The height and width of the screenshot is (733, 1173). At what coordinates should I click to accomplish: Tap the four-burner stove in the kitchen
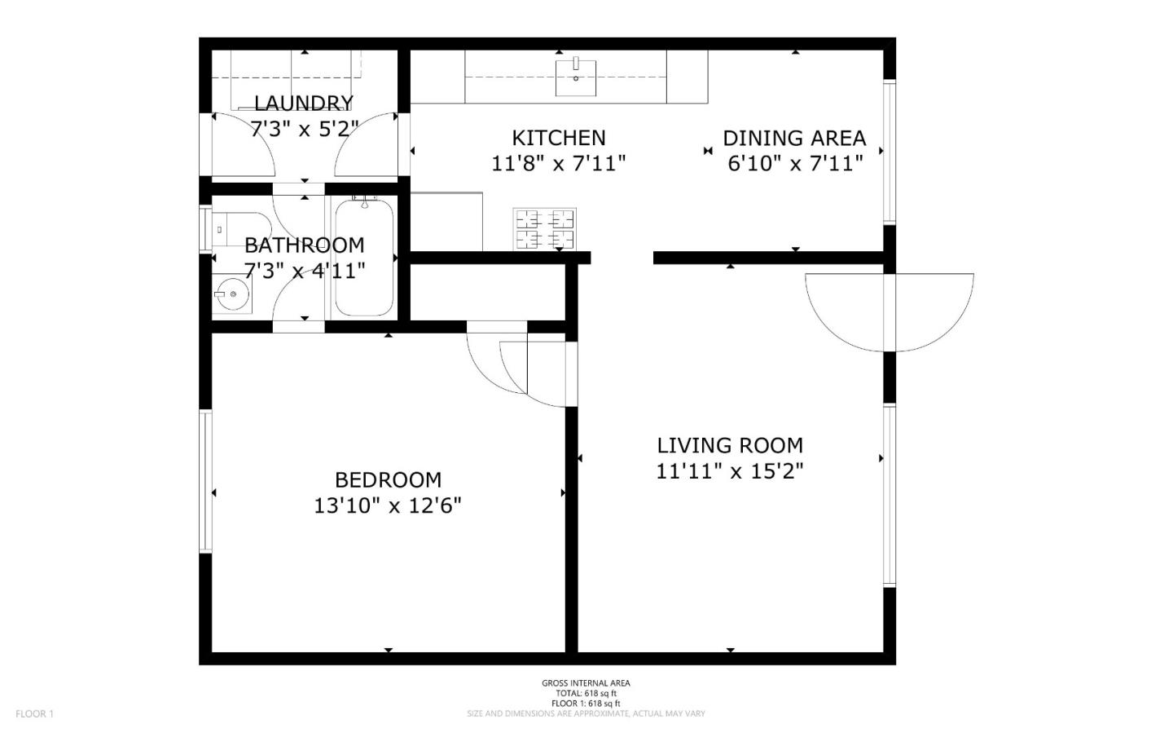[543, 229]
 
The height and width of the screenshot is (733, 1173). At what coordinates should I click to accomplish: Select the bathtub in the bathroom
[364, 257]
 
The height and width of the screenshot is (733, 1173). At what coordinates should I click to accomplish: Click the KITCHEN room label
[559, 138]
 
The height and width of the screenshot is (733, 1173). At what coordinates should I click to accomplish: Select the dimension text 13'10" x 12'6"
[388, 506]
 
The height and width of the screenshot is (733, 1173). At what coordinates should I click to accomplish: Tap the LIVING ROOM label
[730, 445]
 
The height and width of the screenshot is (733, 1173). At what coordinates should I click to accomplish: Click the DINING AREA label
[794, 138]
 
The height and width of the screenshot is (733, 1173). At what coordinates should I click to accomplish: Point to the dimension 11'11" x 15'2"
[730, 471]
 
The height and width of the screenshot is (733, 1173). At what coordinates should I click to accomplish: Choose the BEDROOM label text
[388, 479]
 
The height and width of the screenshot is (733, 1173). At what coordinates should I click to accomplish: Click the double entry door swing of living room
[890, 310]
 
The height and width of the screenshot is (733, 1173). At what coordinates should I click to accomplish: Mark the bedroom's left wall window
[206, 481]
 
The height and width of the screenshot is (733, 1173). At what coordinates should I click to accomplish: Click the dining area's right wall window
[890, 151]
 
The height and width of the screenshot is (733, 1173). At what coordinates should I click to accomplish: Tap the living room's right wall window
[890, 494]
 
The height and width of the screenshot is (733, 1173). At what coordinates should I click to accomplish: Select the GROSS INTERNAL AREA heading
[586, 683]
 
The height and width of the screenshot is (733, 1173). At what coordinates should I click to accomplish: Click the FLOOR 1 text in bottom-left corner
[34, 714]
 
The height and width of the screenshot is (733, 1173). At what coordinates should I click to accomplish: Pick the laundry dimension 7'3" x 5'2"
[304, 129]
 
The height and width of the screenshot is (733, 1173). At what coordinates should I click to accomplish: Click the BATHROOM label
[304, 245]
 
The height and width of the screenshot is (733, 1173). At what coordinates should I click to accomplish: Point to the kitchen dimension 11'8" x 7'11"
[559, 164]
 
